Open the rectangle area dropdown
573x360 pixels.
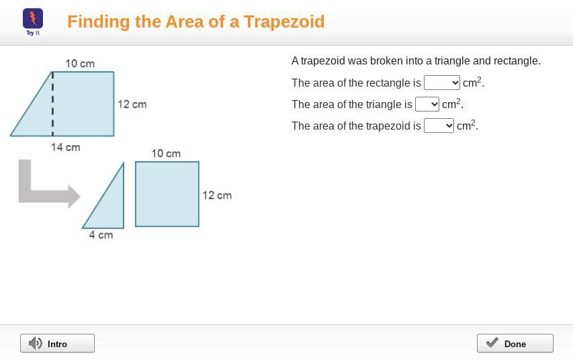[x=442, y=83]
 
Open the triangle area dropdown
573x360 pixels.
[x=427, y=104]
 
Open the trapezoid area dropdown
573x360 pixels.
[x=439, y=126]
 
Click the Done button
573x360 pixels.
[x=515, y=343]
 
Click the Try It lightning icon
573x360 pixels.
[x=33, y=19]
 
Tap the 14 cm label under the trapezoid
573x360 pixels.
[x=65, y=147]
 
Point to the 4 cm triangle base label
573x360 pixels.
[x=101, y=235]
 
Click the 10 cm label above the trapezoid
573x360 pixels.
[x=80, y=64]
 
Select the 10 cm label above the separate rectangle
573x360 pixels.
[x=166, y=154]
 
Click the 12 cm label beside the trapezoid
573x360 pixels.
[x=132, y=105]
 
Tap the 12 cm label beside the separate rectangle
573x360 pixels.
[x=217, y=195]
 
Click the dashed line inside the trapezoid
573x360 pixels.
[x=52, y=104]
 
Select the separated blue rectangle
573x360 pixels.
[x=167, y=194]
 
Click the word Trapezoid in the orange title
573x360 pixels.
[x=284, y=22]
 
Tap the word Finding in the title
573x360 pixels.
[x=99, y=22]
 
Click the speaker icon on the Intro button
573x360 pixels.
[x=36, y=344]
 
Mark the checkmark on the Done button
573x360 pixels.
[x=492, y=343]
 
